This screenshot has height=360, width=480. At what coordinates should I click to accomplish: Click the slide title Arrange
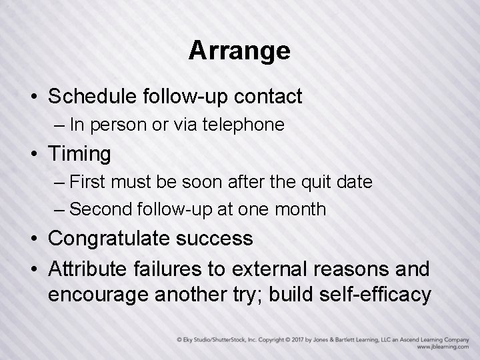pos(239,51)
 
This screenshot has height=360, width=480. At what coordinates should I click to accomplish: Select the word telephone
pos(248,125)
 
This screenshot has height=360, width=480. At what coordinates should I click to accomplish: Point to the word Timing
pos(79,154)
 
